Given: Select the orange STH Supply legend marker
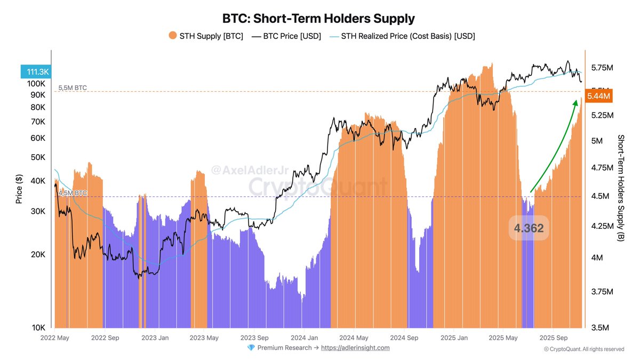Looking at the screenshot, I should [172, 36].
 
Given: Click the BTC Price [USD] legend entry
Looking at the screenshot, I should [286, 36].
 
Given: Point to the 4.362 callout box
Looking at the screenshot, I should [529, 229].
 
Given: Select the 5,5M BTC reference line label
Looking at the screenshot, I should [73, 87].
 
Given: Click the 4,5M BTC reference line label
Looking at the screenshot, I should [73, 193].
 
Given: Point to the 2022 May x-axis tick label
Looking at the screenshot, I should [55, 338].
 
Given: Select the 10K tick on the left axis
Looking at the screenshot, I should [38, 327].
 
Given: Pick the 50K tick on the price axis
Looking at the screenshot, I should [38, 157].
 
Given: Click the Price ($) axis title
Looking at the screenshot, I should [19, 189].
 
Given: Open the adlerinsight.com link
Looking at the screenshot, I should [355, 348].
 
